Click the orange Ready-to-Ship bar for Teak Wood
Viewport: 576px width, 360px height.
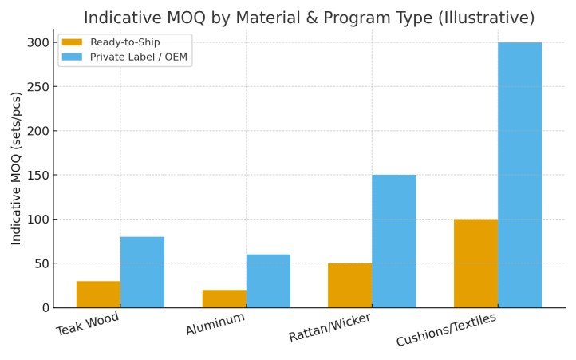tap(98, 294)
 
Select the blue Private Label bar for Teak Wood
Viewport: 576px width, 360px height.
tap(142, 272)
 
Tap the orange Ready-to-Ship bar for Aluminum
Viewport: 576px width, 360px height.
tap(224, 299)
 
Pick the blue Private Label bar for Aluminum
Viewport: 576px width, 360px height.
tap(268, 281)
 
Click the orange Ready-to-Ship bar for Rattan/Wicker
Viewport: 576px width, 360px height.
tap(349, 285)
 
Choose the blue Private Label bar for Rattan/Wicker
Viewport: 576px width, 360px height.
tap(393, 241)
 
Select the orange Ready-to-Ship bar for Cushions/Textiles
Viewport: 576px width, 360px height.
tap(475, 263)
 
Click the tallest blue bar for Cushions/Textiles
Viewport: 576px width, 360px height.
tap(519, 175)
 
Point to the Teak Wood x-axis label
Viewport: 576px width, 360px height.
tap(88, 323)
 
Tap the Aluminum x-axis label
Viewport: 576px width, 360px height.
tap(215, 324)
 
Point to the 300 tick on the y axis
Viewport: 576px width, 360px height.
tap(38, 42)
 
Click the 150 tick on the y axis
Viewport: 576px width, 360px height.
tap(38, 175)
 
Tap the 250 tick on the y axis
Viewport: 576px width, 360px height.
tap(38, 87)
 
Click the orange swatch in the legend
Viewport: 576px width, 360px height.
tap(72, 42)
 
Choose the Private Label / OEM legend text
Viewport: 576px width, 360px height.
tap(140, 57)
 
